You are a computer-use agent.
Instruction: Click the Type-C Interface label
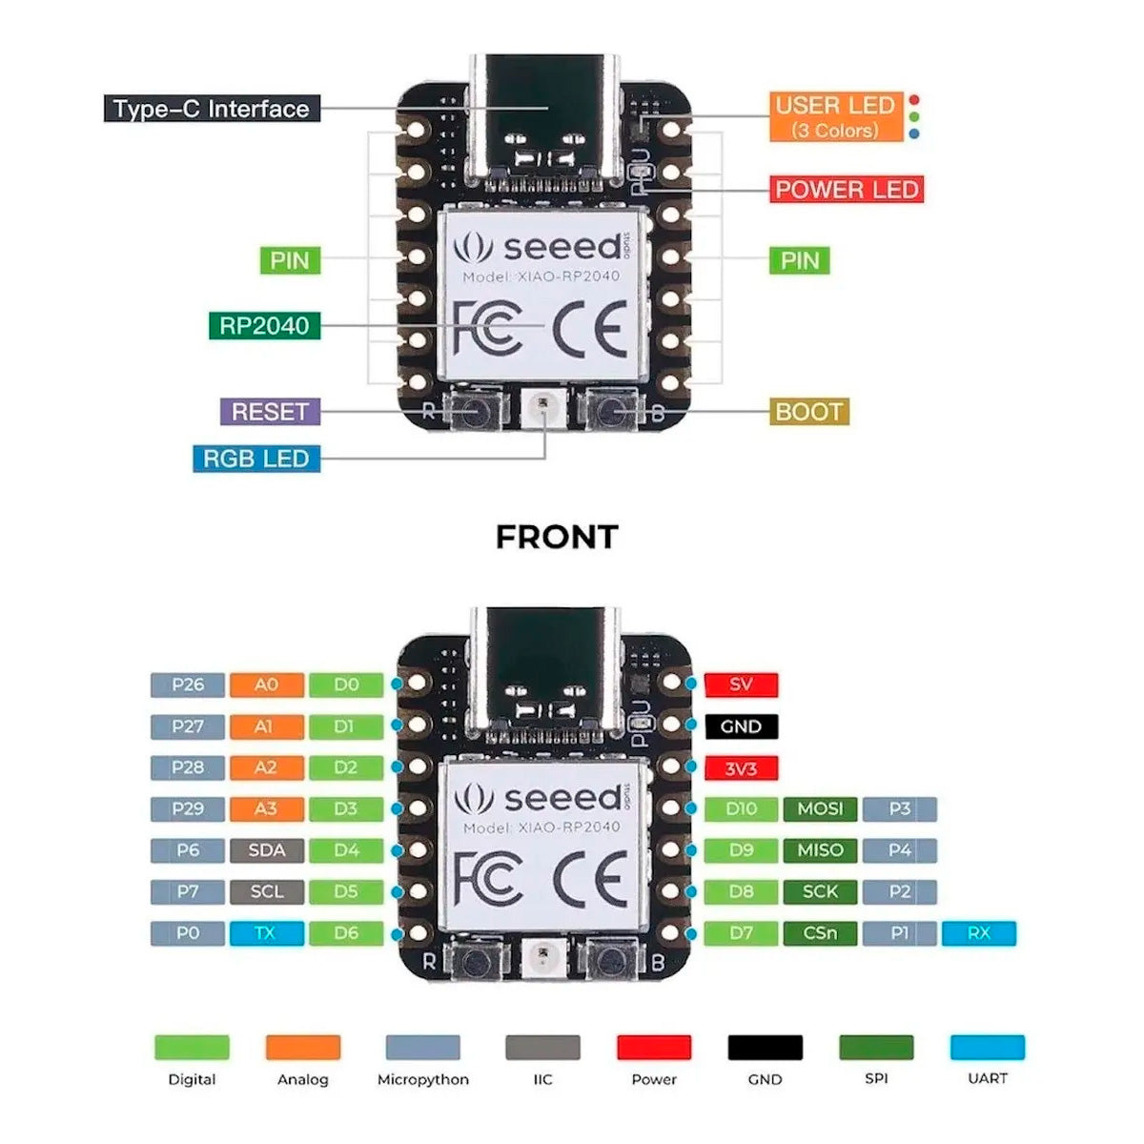(211, 109)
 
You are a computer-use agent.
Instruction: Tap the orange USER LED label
(835, 117)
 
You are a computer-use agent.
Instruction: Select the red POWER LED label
(847, 190)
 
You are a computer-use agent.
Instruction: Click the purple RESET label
(270, 412)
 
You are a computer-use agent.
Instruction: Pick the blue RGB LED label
(255, 459)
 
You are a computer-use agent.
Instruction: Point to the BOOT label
(808, 412)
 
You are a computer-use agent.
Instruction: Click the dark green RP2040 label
(264, 325)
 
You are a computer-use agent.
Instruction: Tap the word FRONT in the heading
(557, 537)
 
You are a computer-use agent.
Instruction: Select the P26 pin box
(188, 684)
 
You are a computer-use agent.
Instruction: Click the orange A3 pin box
(266, 809)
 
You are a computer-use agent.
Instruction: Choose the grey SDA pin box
(266, 850)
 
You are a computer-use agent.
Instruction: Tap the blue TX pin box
(266, 933)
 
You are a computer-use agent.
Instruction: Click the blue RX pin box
(978, 933)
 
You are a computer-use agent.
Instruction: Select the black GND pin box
(741, 726)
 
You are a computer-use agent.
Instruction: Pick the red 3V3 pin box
(741, 768)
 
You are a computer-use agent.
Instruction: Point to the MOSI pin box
(820, 809)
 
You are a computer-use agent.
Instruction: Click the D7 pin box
(741, 933)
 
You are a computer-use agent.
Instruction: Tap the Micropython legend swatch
(422, 1047)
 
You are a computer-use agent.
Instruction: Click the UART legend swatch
(987, 1047)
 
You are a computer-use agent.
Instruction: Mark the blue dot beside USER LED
(915, 134)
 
